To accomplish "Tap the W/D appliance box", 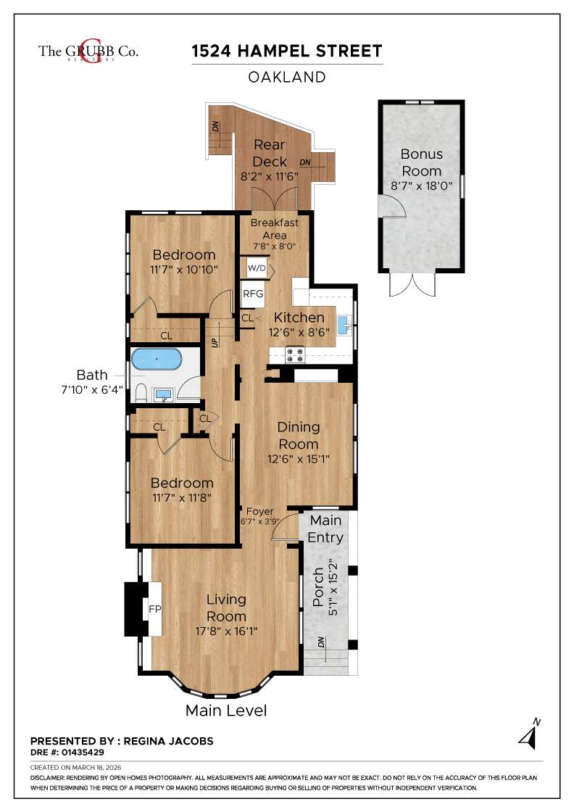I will click(x=257, y=268).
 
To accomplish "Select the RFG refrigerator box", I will click(x=253, y=294).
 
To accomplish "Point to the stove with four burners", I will click(x=296, y=355).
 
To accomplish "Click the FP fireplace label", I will click(x=154, y=609).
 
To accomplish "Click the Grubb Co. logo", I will click(x=88, y=51).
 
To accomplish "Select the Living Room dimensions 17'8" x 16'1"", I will click(x=226, y=631).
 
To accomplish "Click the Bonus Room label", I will click(x=421, y=162).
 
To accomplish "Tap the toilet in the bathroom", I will click(x=141, y=394).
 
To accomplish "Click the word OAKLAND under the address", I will click(x=287, y=77).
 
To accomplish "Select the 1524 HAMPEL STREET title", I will click(x=287, y=51).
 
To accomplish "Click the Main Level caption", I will click(x=226, y=710).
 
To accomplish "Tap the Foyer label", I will click(x=259, y=511).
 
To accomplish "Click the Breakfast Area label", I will click(x=275, y=228).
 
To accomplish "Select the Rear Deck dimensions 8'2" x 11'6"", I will click(x=270, y=176).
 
